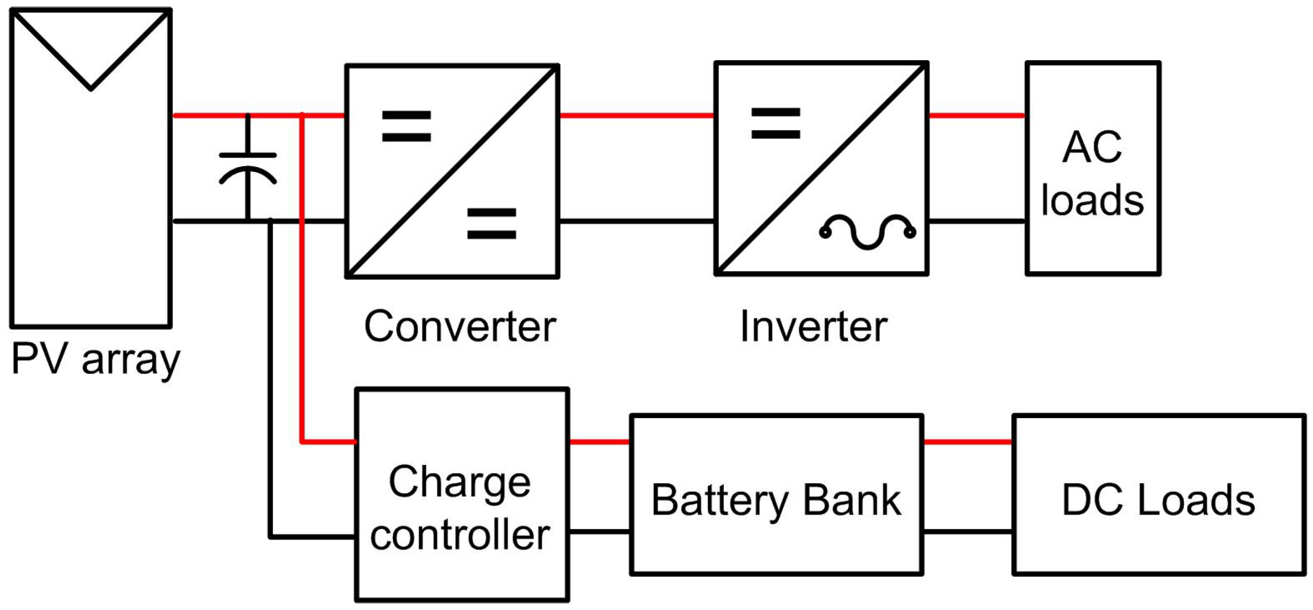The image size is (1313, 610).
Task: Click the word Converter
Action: [460, 327]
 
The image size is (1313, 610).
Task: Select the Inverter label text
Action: [814, 327]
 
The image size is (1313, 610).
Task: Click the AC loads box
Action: [1093, 169]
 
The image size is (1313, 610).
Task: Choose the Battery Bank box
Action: [777, 495]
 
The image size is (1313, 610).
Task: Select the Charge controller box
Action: [462, 495]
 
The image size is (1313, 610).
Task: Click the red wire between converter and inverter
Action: [636, 116]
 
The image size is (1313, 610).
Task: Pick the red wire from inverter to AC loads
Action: [977, 116]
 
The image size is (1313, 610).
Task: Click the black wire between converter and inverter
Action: [636, 221]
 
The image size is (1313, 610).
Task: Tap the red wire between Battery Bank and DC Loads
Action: [968, 441]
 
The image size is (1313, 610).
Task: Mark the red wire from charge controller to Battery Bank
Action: [600, 441]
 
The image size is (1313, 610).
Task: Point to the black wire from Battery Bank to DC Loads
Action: [968, 532]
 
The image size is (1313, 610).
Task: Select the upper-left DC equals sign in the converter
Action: [407, 126]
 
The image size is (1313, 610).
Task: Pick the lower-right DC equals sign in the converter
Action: [492, 223]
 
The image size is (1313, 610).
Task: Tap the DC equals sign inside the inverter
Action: [776, 123]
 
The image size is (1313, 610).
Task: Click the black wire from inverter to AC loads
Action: [977, 221]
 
